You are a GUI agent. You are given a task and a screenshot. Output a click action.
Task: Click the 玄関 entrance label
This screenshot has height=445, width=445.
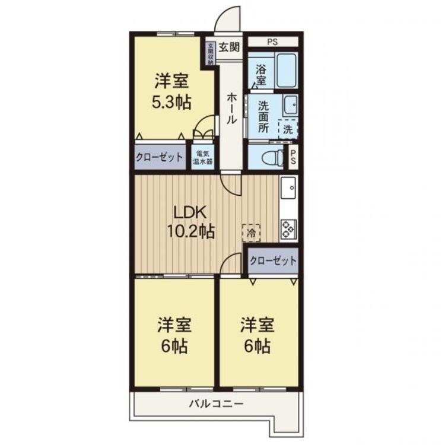[230, 46]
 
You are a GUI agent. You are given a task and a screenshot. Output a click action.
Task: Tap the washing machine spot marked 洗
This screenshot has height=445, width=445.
[287, 128]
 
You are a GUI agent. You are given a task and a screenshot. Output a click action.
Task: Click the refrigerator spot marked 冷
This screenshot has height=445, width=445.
[251, 233]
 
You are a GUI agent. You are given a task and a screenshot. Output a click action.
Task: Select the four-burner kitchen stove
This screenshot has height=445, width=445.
[288, 228]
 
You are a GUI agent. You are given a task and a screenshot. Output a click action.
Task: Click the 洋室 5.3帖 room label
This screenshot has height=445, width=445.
[172, 91]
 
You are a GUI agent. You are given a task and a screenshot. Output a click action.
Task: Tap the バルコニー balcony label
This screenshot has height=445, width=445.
[215, 404]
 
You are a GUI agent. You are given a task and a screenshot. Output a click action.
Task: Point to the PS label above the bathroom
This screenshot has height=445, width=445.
[272, 42]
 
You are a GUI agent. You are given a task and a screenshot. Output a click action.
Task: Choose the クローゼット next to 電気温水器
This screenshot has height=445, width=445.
[160, 157]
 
